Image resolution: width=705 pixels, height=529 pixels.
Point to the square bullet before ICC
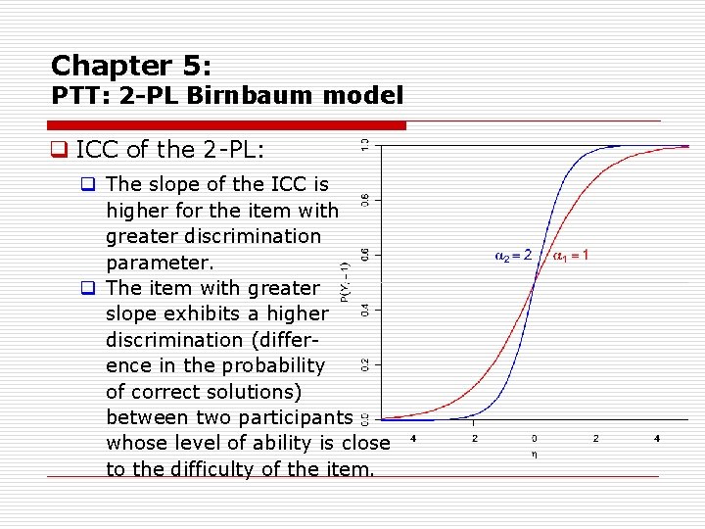click(x=59, y=150)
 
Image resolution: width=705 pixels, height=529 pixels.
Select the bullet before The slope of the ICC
click(x=88, y=184)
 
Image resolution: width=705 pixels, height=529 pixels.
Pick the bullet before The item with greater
click(x=88, y=288)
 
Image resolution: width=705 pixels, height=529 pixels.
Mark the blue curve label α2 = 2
click(x=514, y=256)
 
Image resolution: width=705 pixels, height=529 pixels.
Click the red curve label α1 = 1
click(x=571, y=256)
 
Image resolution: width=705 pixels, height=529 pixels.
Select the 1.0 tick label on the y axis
click(x=365, y=145)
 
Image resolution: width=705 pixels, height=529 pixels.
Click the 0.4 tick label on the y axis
click(x=365, y=310)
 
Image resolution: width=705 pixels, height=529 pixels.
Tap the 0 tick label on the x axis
click(x=535, y=439)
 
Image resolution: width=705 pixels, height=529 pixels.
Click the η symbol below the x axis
click(x=535, y=454)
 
